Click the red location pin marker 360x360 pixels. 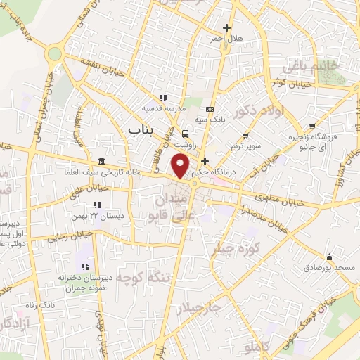pos(181,164)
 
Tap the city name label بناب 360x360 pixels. pos(142,130)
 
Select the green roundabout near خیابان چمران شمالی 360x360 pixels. pos(53,53)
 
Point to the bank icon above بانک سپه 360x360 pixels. pos(210,109)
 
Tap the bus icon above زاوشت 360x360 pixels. pos(185,134)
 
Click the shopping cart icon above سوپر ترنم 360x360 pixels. pos(245,135)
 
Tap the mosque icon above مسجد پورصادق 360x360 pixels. pos(328,257)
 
